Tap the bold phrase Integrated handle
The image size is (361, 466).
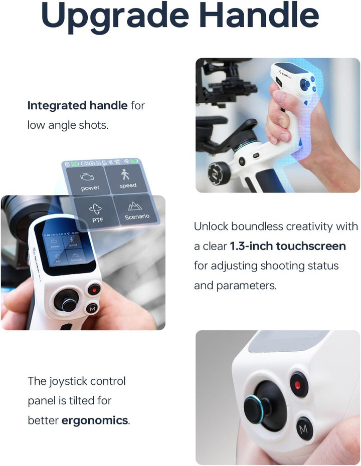77,106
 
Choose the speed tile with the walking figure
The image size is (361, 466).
128,179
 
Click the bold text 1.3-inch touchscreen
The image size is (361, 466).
288,246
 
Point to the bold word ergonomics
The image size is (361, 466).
95,420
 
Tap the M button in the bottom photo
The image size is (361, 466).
303,429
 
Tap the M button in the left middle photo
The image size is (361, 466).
91,309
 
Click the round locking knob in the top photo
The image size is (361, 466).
219,173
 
